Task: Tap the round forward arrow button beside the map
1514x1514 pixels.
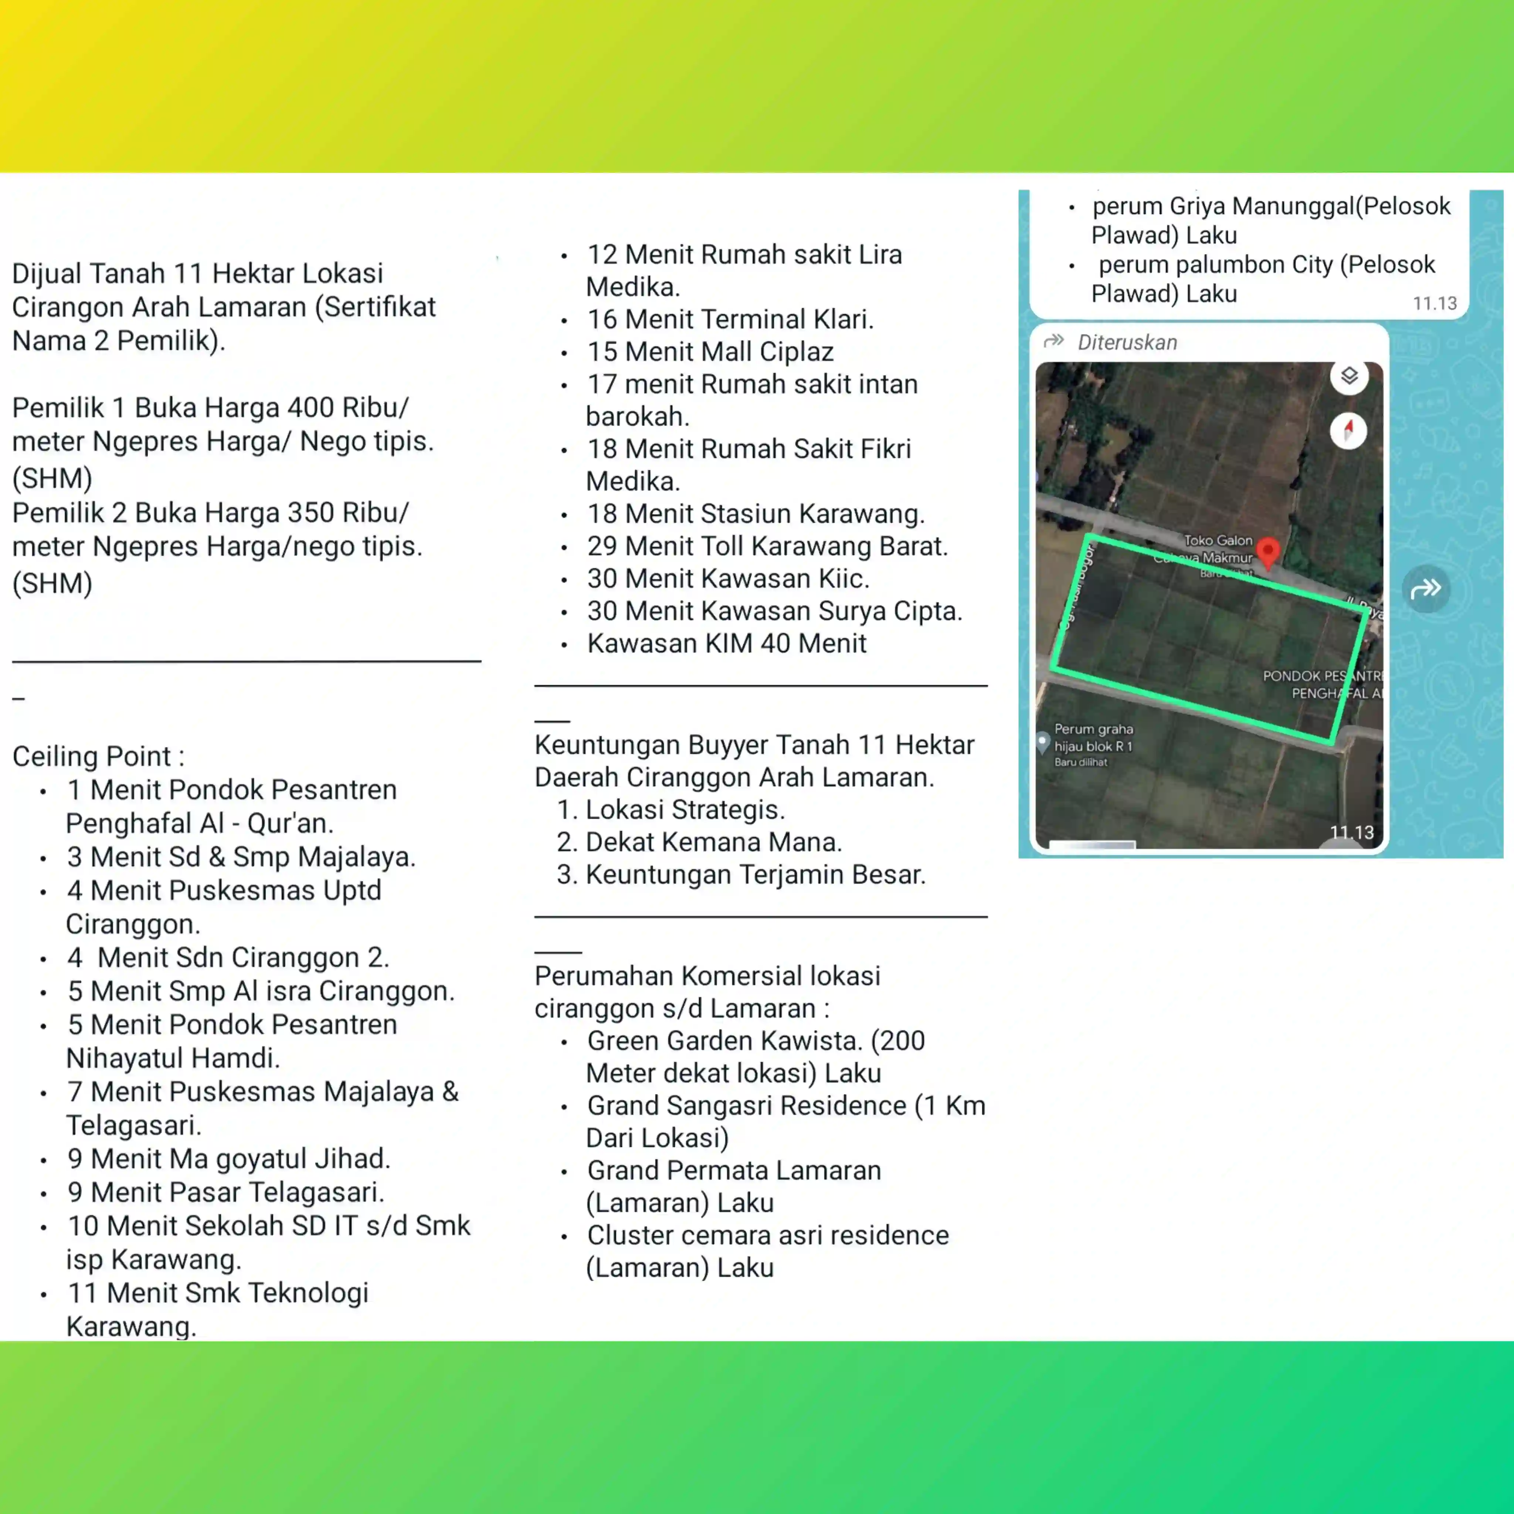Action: point(1426,588)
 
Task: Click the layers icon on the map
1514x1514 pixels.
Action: point(1349,376)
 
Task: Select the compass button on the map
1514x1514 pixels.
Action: point(1348,430)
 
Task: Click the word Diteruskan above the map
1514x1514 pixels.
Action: point(1127,342)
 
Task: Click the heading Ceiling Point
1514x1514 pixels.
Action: point(98,756)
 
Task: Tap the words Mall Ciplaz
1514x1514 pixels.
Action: point(767,352)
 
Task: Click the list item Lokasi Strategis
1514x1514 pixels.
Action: point(684,809)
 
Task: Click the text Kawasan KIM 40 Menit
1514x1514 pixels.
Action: point(726,644)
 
